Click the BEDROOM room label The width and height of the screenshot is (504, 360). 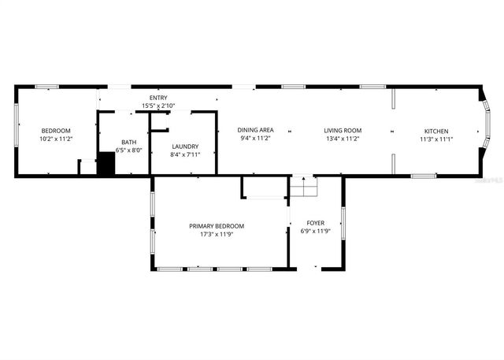pyautogui.click(x=56, y=131)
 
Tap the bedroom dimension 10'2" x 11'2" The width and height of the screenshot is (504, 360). pyautogui.click(x=56, y=139)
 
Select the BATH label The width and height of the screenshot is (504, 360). pyautogui.click(x=128, y=143)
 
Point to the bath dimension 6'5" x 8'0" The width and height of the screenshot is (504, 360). pyautogui.click(x=128, y=150)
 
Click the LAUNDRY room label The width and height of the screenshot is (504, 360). pyautogui.click(x=185, y=147)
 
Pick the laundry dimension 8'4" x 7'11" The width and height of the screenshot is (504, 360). pyautogui.click(x=185, y=154)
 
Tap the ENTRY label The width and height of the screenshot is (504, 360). pyautogui.click(x=158, y=98)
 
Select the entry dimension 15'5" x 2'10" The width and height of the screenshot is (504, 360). pyautogui.click(x=158, y=106)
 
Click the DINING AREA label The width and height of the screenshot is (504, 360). pyautogui.click(x=256, y=130)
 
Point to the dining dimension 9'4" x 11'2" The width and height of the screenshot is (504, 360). pyautogui.click(x=256, y=138)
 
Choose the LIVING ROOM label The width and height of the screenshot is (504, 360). pyautogui.click(x=343, y=130)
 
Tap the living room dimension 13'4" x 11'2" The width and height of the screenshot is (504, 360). pyautogui.click(x=343, y=138)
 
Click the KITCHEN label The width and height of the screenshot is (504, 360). pyautogui.click(x=435, y=131)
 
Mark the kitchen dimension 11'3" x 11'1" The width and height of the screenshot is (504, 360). pyautogui.click(x=435, y=139)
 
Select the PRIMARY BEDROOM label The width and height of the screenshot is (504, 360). pyautogui.click(x=217, y=226)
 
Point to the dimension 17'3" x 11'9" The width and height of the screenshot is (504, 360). pyautogui.click(x=217, y=234)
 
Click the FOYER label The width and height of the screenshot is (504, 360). pyautogui.click(x=315, y=223)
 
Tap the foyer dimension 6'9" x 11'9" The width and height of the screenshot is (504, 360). pyautogui.click(x=315, y=232)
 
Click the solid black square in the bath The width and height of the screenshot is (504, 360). pyautogui.click(x=106, y=164)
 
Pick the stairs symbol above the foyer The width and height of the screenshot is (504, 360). pyautogui.click(x=303, y=187)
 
